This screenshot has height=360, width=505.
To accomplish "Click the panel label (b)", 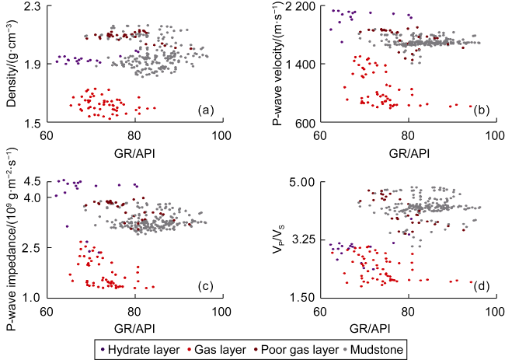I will pos(480,110).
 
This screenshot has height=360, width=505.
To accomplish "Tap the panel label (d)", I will pos(480,285).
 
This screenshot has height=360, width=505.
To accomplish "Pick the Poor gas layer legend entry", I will pos(295,350).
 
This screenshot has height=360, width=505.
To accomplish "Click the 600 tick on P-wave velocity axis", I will pos(302,123).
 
